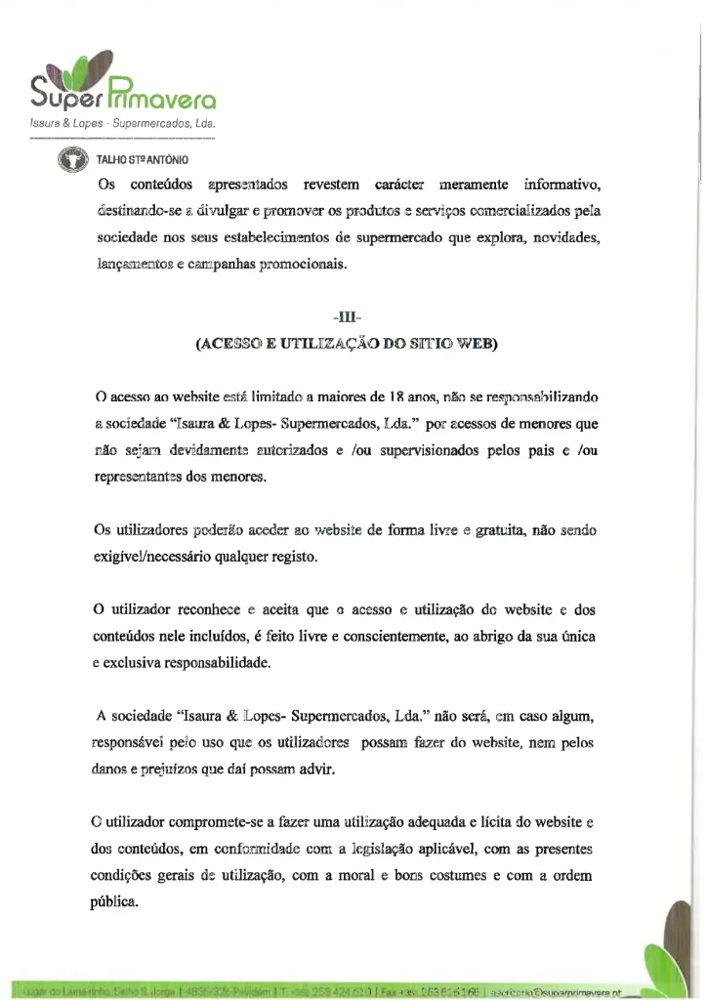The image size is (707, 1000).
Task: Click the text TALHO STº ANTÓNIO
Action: [141, 159]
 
